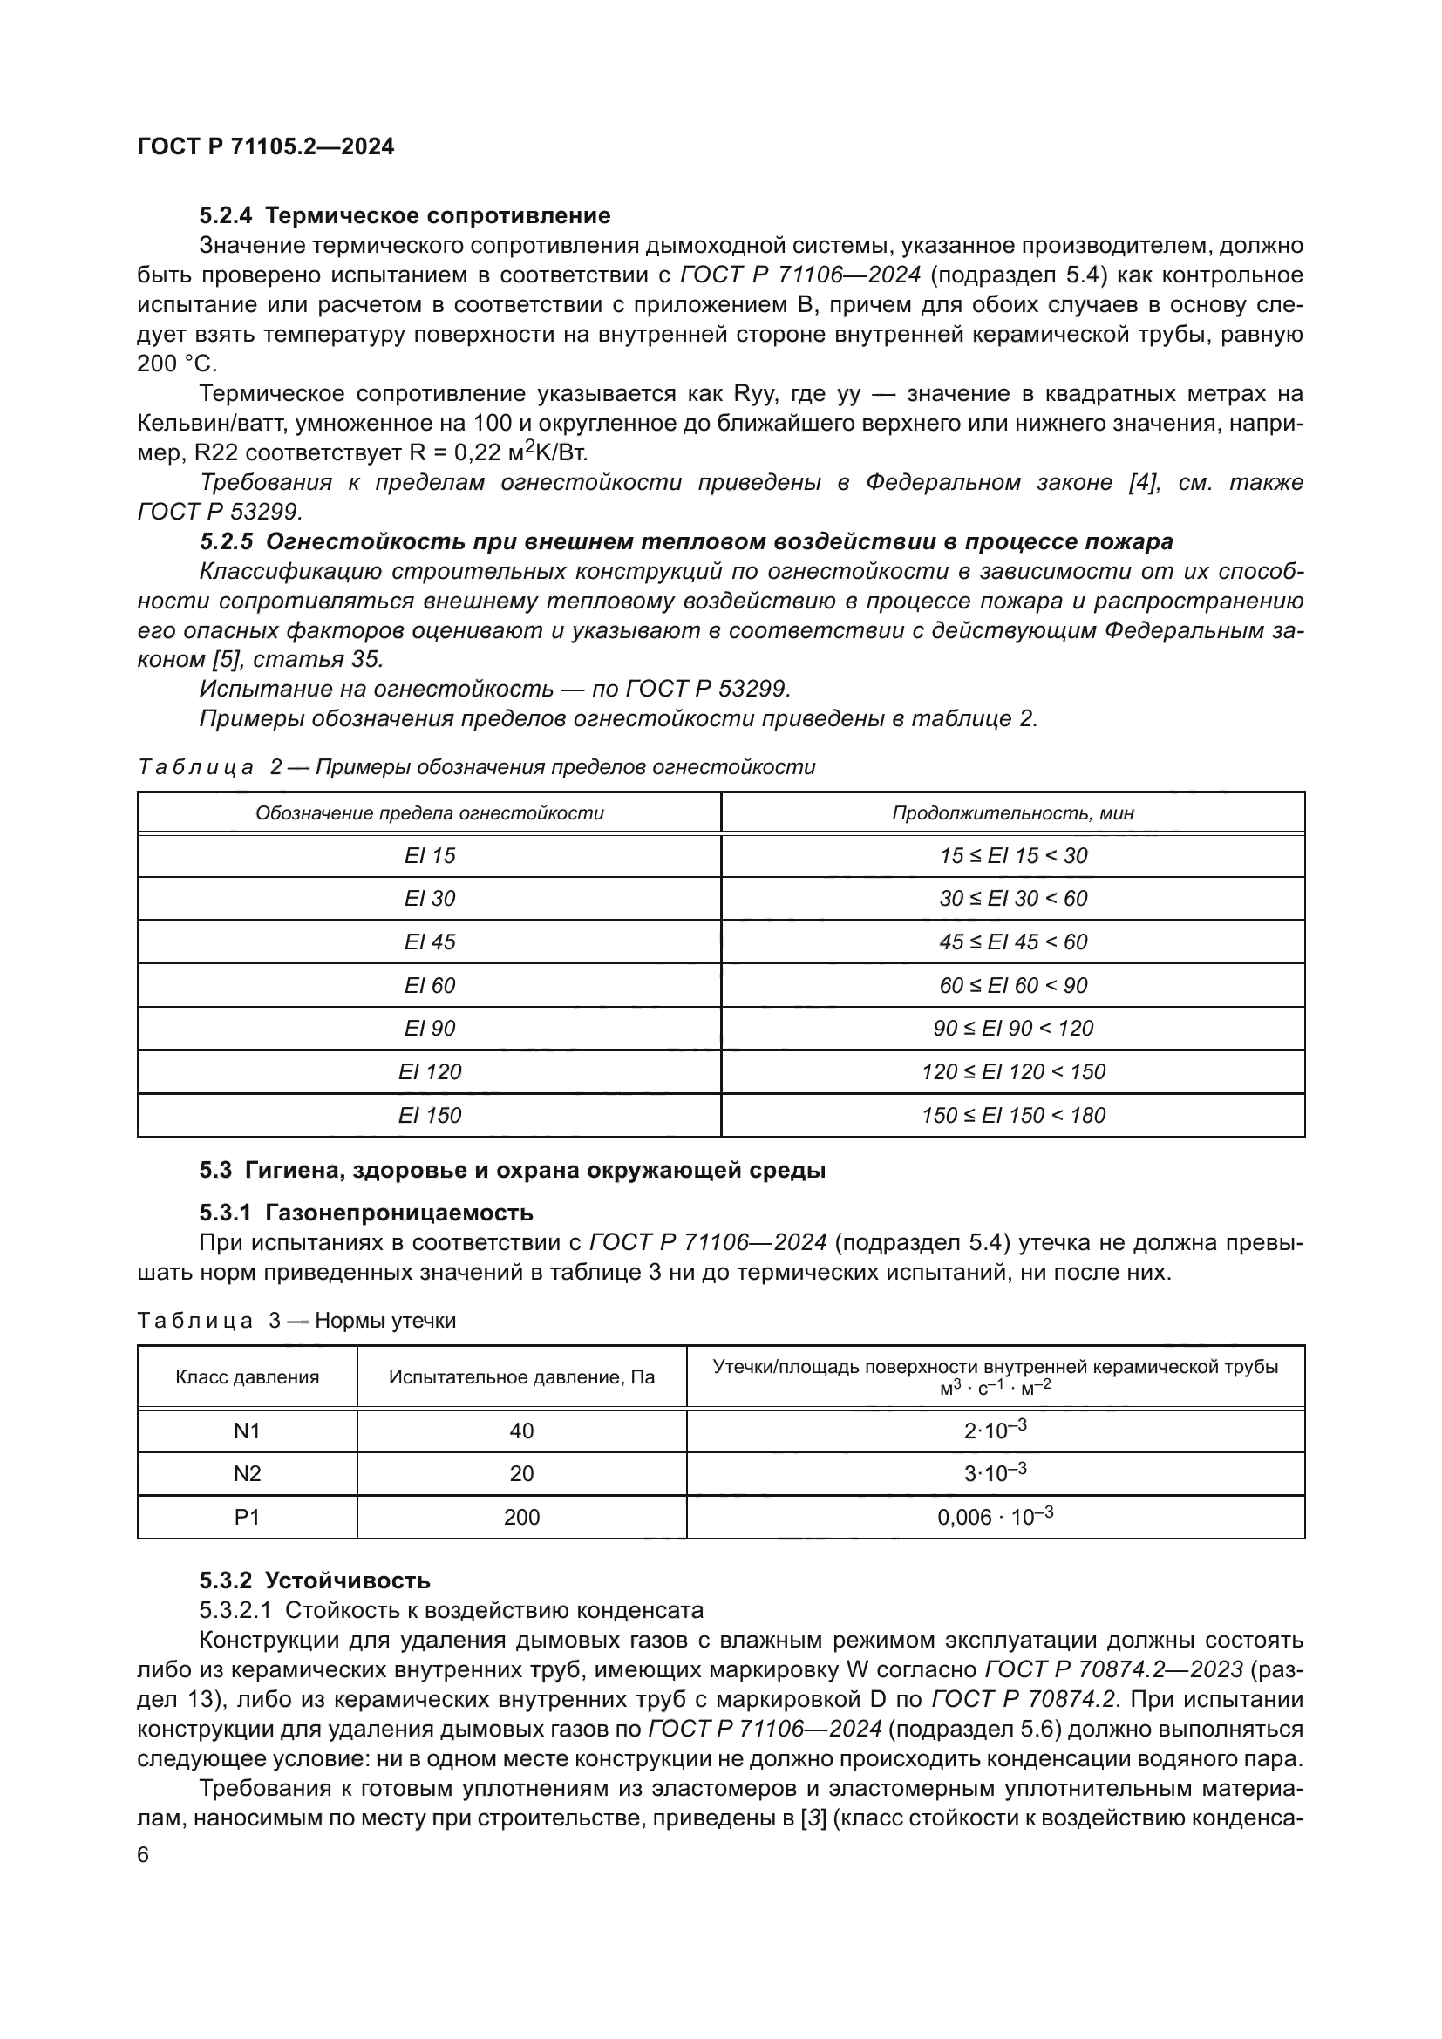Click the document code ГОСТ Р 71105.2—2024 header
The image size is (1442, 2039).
pyautogui.click(x=266, y=147)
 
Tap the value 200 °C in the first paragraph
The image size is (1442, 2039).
pyautogui.click(x=177, y=364)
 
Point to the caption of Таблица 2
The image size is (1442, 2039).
pyautogui.click(x=476, y=767)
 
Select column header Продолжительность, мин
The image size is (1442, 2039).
pyautogui.click(x=1012, y=813)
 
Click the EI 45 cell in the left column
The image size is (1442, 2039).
pyautogui.click(x=429, y=942)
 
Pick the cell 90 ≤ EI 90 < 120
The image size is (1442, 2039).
pyautogui.click(x=1012, y=1029)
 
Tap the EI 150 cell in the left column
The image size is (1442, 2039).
pyautogui.click(x=429, y=1116)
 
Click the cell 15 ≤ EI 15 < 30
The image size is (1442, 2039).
pyautogui.click(x=1012, y=856)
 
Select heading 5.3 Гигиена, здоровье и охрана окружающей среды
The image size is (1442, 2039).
pyautogui.click(x=513, y=1171)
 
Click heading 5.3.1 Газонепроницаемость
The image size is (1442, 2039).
pyautogui.click(x=366, y=1213)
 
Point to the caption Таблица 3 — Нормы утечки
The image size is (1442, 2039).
pyautogui.click(x=296, y=1321)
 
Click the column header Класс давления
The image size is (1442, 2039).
pyautogui.click(x=247, y=1377)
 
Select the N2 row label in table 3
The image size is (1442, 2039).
pyautogui.click(x=247, y=1474)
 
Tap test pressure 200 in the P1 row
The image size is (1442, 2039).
pyautogui.click(x=521, y=1518)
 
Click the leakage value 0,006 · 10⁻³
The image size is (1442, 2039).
pyautogui.click(x=995, y=1517)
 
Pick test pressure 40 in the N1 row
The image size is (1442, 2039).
pyautogui.click(x=521, y=1431)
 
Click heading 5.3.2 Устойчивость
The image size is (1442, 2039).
pyautogui.click(x=315, y=1580)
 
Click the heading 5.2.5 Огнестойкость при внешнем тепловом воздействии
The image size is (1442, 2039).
pyautogui.click(x=685, y=541)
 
